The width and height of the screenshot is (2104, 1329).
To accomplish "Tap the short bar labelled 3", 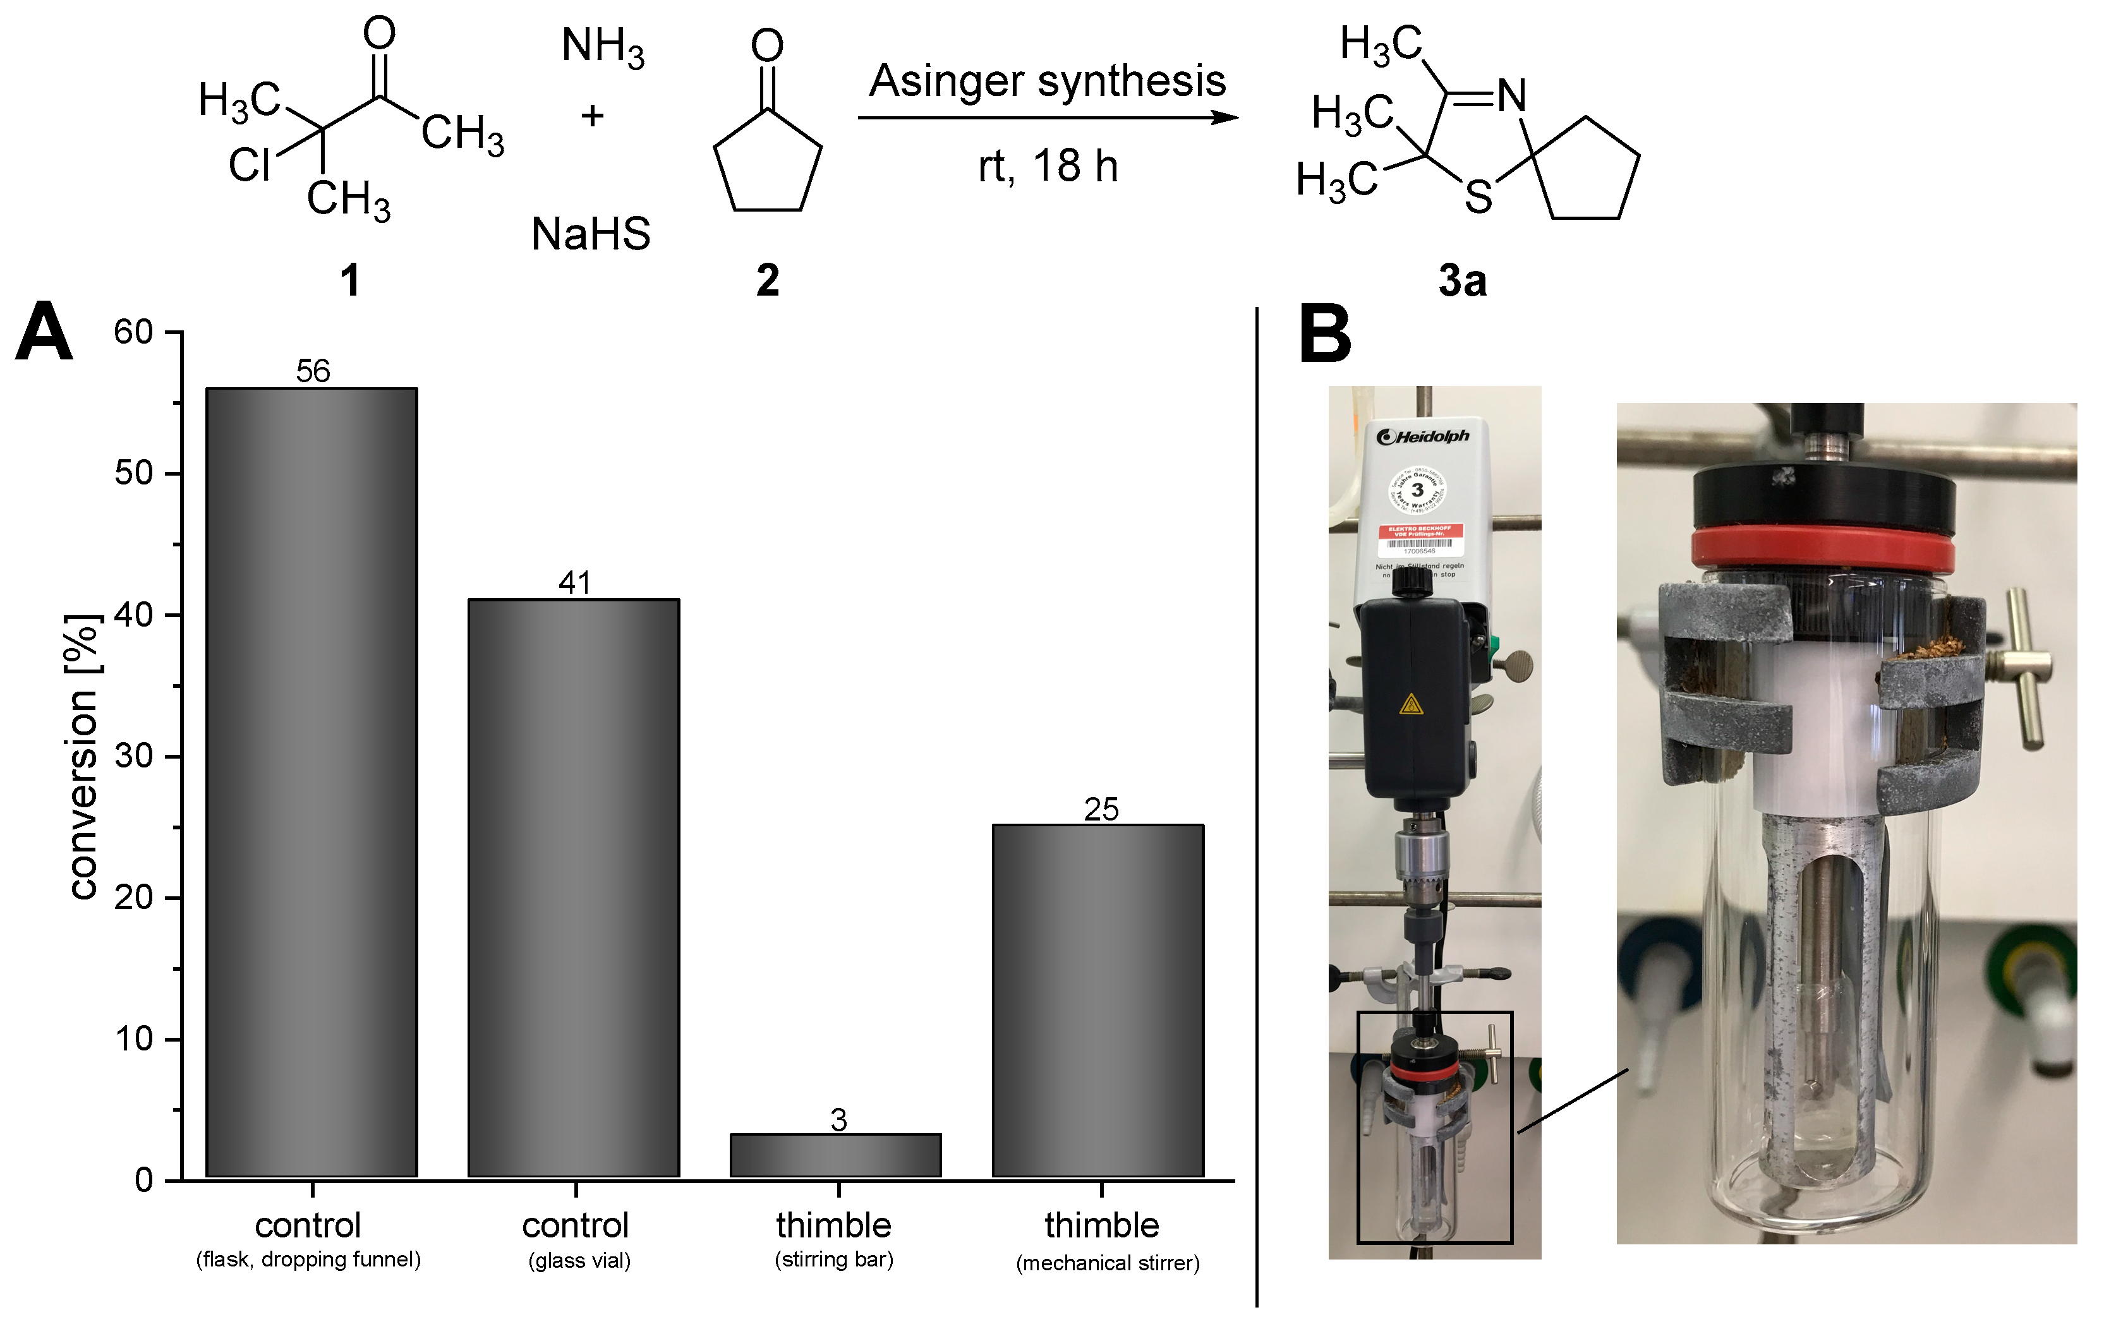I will coord(835,1155).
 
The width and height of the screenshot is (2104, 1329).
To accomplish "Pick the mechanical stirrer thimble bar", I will coord(1097,1001).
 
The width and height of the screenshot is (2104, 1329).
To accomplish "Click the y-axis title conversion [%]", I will coord(83,756).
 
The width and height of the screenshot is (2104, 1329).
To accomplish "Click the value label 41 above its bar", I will coord(574,583).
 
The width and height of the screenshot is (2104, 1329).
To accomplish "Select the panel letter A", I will coord(44,332).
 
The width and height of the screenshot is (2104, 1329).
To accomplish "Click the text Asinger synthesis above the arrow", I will coord(1047,81).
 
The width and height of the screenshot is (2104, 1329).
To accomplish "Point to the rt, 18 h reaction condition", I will coord(1047,166).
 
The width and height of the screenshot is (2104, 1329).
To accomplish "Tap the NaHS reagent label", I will coord(591,234).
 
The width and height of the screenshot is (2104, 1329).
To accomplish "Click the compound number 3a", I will coord(1462,280).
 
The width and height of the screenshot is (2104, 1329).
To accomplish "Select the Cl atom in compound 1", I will coord(249,165).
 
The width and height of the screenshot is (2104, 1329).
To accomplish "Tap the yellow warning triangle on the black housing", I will coord(1410,704).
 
